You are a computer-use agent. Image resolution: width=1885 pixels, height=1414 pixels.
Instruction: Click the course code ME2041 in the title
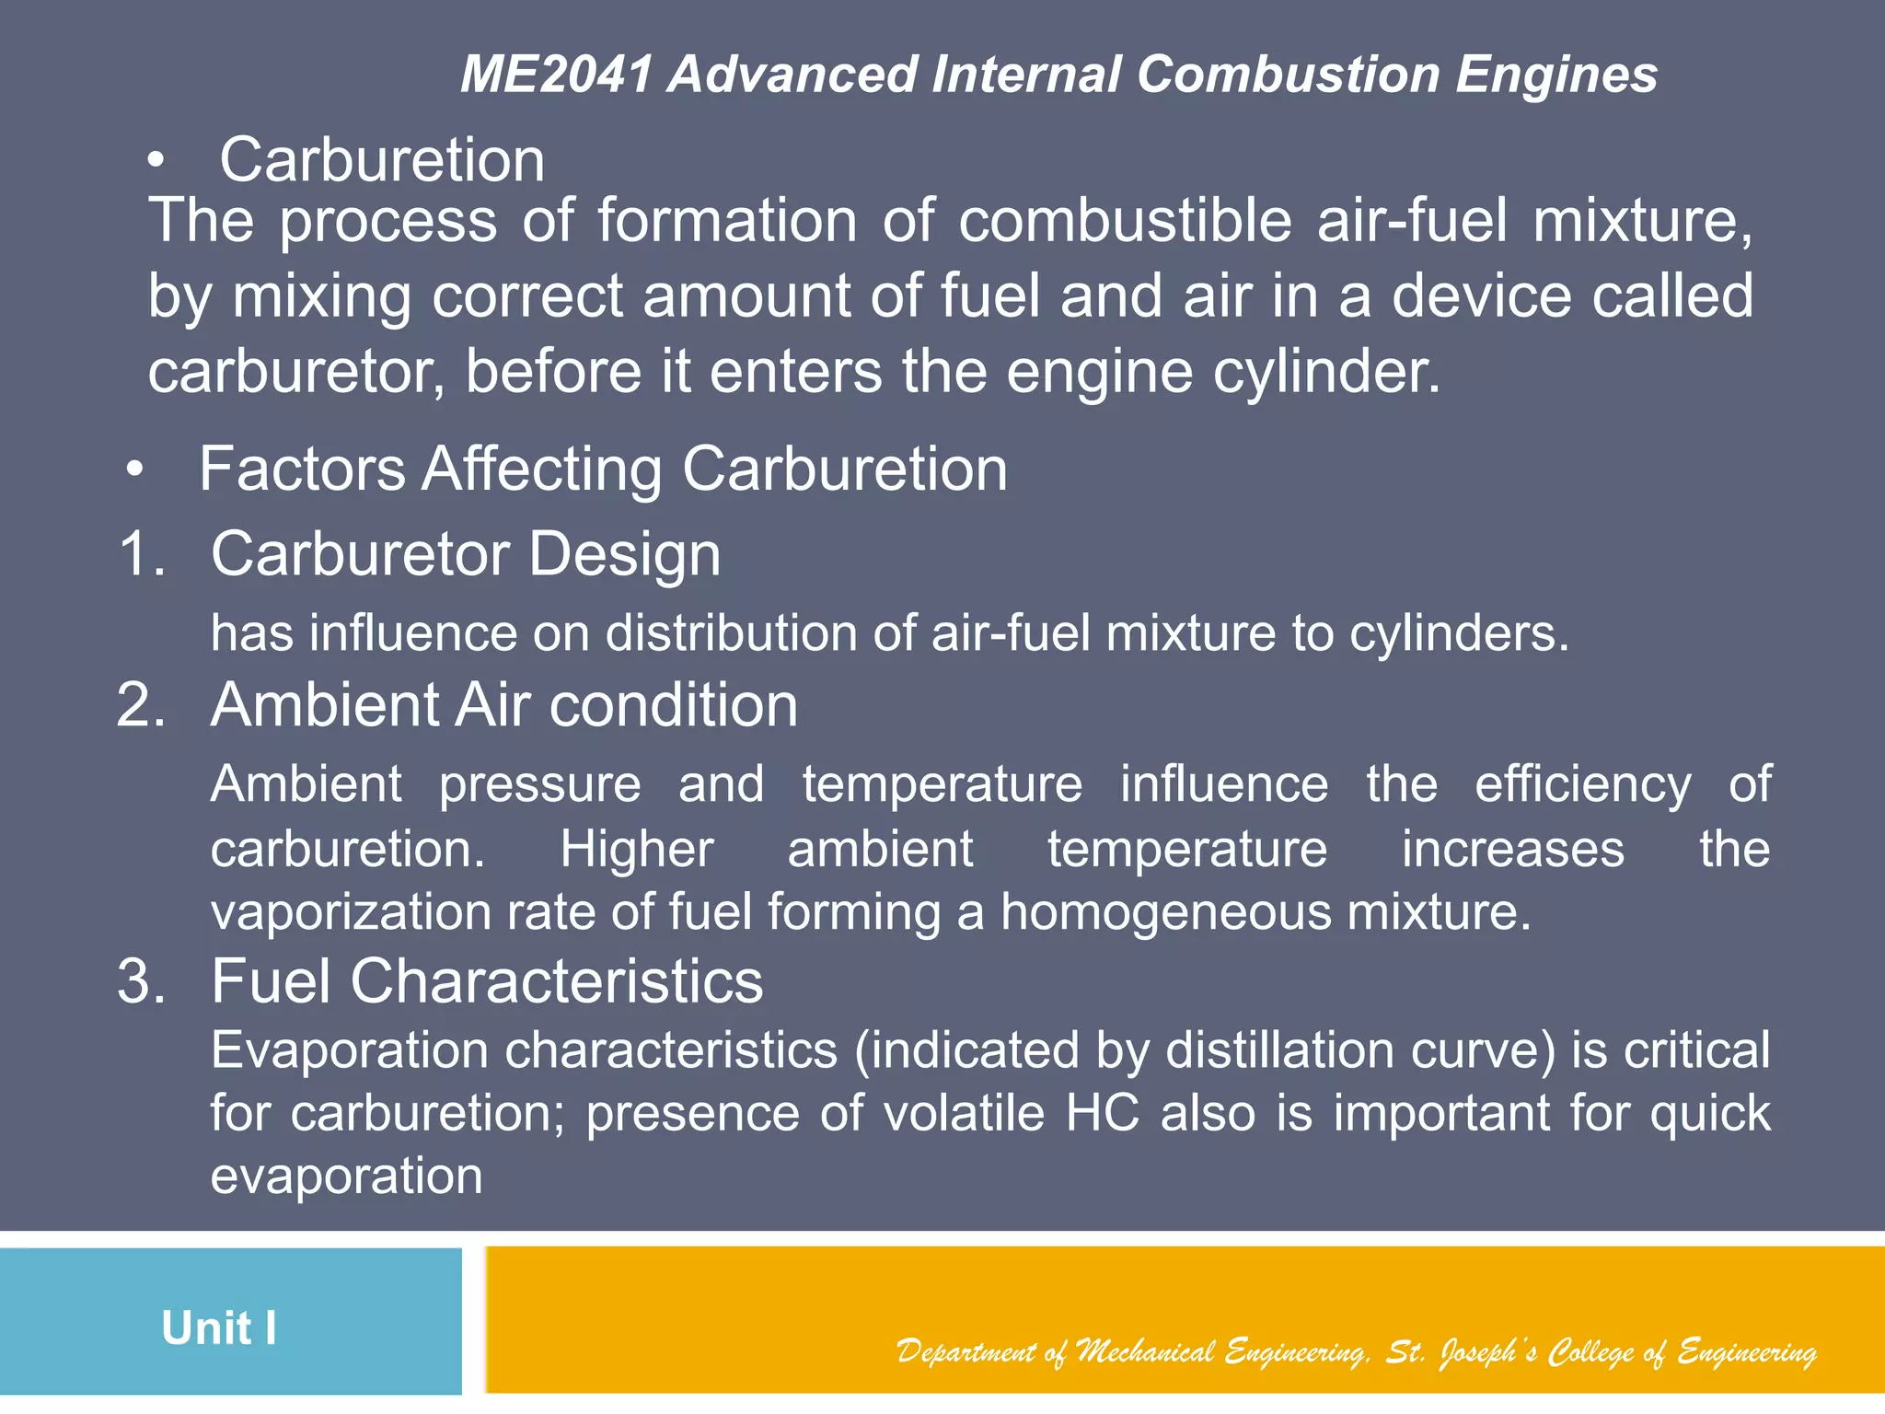pyautogui.click(x=557, y=75)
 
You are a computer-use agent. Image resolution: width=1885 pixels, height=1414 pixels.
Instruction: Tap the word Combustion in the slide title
pyautogui.click(x=1288, y=75)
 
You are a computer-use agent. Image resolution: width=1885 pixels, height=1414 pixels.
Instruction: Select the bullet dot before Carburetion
pyautogui.click(x=156, y=162)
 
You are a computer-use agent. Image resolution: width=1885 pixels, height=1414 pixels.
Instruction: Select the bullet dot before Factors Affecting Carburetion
pyautogui.click(x=135, y=470)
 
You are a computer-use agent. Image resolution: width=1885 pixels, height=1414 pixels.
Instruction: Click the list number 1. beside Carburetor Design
pyautogui.click(x=143, y=555)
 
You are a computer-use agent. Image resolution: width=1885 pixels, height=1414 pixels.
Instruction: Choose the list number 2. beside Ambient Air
pyautogui.click(x=142, y=706)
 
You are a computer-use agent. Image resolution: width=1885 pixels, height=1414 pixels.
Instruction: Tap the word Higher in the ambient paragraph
pyautogui.click(x=637, y=849)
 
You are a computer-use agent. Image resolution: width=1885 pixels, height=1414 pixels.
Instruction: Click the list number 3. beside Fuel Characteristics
pyautogui.click(x=142, y=981)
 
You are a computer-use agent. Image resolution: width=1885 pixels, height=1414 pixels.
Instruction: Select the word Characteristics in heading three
pyautogui.click(x=556, y=981)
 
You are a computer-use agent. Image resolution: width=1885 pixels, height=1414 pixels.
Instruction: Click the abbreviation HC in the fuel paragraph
pyautogui.click(x=1102, y=1114)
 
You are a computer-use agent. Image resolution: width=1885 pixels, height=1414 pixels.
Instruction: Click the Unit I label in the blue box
pyautogui.click(x=219, y=1328)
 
